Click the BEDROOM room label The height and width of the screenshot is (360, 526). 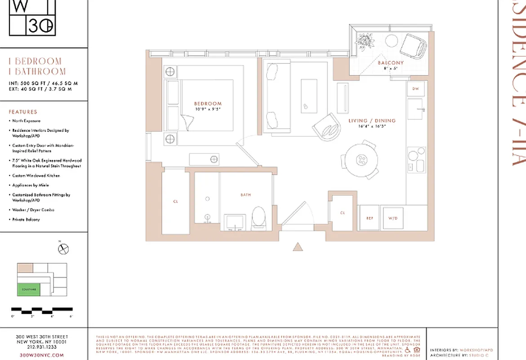point(208,103)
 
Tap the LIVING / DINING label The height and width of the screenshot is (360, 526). point(372,121)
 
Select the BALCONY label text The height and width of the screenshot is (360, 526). point(390,63)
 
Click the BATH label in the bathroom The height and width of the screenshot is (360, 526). point(245,195)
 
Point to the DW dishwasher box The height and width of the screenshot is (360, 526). point(415,89)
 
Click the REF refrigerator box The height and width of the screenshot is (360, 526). point(370,218)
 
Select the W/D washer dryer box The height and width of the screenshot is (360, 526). point(393,218)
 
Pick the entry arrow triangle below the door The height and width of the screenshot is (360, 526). point(297,247)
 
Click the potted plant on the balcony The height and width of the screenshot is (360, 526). point(365,40)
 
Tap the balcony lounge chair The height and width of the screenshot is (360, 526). point(413,46)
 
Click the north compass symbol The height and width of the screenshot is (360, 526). point(63,248)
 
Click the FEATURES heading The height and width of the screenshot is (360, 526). point(23,112)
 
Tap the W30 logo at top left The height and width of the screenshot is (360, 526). point(32,18)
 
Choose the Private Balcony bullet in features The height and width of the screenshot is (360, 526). point(26,220)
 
